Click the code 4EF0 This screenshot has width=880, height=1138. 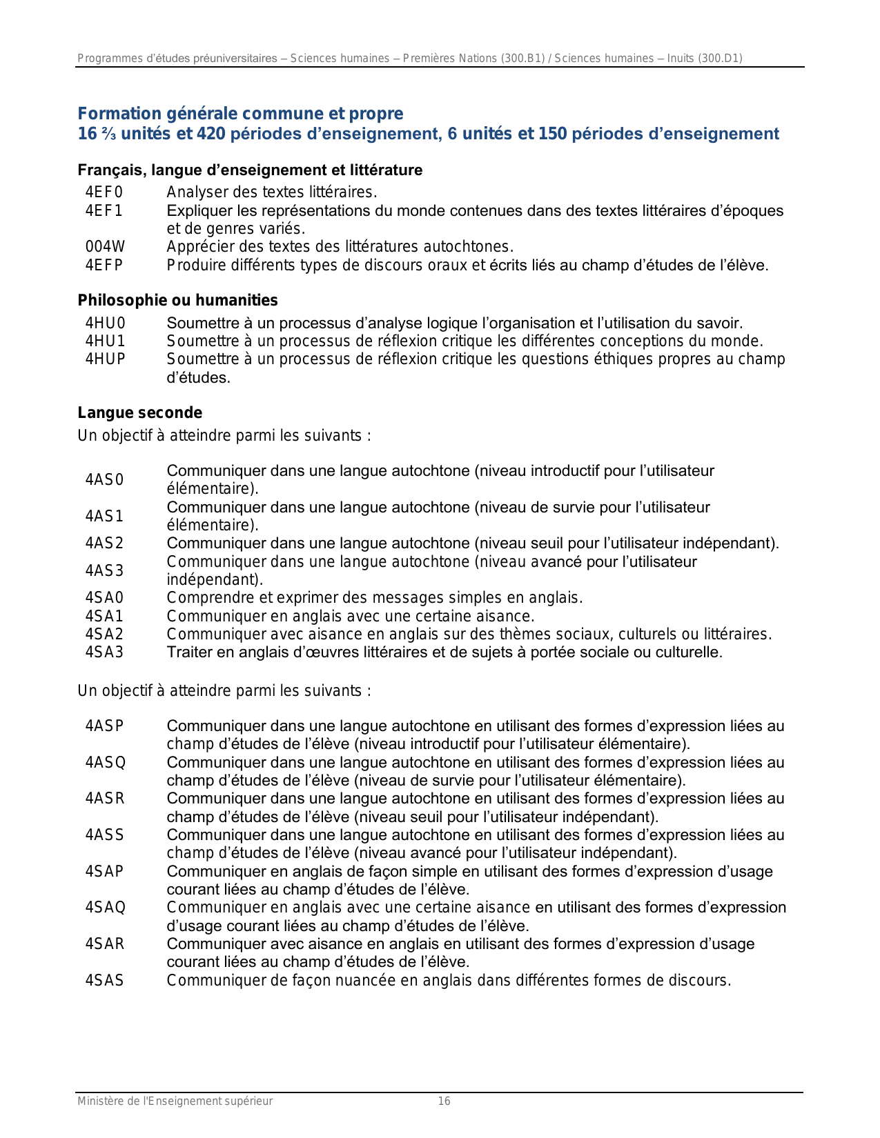(x=104, y=192)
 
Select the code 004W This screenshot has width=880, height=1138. (x=106, y=247)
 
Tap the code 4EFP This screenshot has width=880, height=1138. (x=104, y=265)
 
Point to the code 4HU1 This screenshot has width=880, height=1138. (x=106, y=341)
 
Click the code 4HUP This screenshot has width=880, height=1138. (x=106, y=359)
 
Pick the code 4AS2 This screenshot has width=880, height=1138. (x=104, y=543)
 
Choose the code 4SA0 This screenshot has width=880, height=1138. (x=104, y=598)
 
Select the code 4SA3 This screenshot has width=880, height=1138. (x=104, y=652)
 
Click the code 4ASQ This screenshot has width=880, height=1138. (x=106, y=762)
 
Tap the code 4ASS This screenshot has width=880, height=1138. (x=105, y=835)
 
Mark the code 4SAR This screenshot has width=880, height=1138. (x=105, y=944)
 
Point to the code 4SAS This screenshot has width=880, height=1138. (x=105, y=981)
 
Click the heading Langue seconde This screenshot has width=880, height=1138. (x=140, y=413)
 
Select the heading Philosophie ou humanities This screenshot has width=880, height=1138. (x=178, y=301)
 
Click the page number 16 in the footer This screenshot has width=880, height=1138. (x=444, y=1101)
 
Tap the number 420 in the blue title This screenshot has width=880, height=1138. (x=211, y=134)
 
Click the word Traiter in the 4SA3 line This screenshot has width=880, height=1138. (x=190, y=652)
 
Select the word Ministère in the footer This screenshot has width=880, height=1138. (x=99, y=1101)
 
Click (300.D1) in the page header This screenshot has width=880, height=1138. (x=720, y=59)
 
